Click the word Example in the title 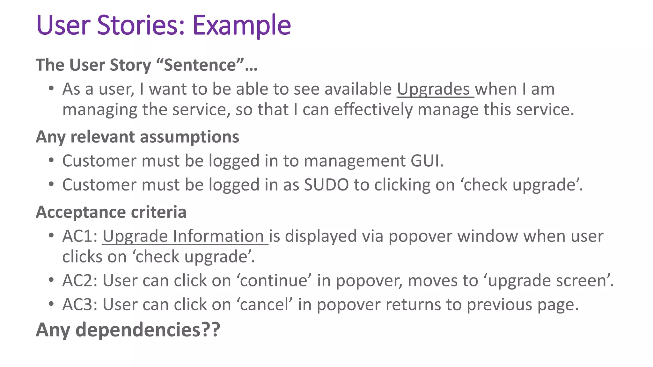(x=242, y=25)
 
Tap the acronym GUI (x=426, y=161)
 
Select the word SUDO (x=326, y=185)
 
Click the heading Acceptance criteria (x=111, y=212)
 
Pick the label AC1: (x=80, y=236)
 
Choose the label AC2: (x=80, y=281)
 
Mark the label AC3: (x=80, y=305)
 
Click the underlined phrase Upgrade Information (x=185, y=236)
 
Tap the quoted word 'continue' (x=274, y=281)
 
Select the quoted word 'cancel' (x=264, y=305)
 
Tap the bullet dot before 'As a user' (x=51, y=88)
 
